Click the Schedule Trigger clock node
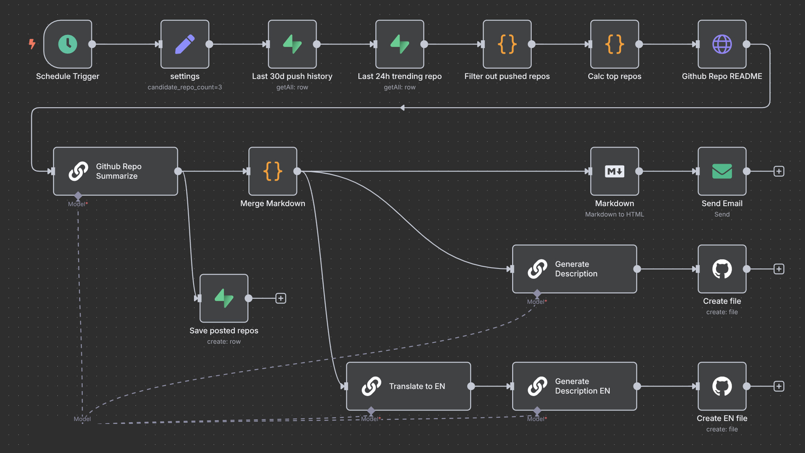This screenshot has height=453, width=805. click(x=68, y=44)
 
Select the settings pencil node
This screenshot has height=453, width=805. click(x=185, y=44)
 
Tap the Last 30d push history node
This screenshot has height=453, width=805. click(x=292, y=44)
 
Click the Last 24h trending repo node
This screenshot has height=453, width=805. click(x=400, y=44)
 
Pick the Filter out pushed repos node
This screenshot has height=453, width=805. click(x=507, y=44)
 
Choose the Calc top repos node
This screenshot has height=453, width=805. click(x=615, y=44)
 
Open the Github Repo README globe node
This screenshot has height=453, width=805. click(x=722, y=44)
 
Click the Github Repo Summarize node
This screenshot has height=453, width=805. click(x=115, y=171)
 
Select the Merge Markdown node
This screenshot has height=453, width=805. click(x=273, y=171)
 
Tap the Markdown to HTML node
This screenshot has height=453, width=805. click(x=615, y=171)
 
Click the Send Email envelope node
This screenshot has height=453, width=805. click(x=722, y=171)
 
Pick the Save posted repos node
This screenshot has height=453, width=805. click(x=224, y=298)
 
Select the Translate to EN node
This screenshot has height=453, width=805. click(x=408, y=386)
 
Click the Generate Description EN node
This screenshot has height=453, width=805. click(x=574, y=386)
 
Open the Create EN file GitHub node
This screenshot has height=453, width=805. click(x=722, y=386)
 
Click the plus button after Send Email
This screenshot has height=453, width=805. click(x=779, y=171)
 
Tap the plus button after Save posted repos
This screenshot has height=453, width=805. click(x=281, y=298)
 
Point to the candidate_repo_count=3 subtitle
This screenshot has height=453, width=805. click(x=185, y=87)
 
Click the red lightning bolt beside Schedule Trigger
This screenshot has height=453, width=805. click(x=32, y=44)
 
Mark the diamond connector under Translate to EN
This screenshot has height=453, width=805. click(x=371, y=410)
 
